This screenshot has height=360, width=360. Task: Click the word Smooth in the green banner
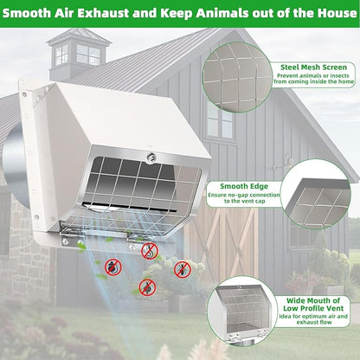(27, 13)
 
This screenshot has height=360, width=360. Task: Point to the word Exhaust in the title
(103, 13)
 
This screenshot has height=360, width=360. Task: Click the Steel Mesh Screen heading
(313, 67)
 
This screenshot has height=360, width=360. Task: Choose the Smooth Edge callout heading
(244, 186)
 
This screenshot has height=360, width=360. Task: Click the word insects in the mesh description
(339, 75)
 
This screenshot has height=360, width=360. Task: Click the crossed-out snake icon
(150, 251)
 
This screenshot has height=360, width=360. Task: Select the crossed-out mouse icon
(113, 267)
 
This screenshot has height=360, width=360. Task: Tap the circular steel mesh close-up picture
(237, 77)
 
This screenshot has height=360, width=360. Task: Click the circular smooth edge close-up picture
(315, 195)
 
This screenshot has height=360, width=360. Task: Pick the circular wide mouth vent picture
(241, 311)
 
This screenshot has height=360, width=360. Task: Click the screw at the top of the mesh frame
(151, 157)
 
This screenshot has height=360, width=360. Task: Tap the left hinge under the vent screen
(71, 235)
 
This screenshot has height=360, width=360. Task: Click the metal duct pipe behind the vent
(16, 165)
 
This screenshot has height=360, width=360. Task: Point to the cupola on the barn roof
(79, 54)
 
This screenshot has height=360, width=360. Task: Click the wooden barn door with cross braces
(222, 241)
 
